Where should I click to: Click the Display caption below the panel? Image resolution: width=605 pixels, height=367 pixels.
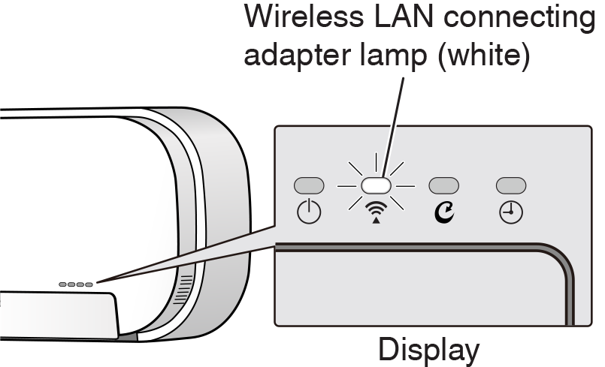tap(428, 349)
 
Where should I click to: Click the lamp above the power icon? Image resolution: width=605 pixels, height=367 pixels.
tap(309, 185)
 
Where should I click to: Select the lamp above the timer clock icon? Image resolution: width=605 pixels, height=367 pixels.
tap(511, 185)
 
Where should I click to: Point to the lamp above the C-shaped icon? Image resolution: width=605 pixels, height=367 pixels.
tap(443, 185)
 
